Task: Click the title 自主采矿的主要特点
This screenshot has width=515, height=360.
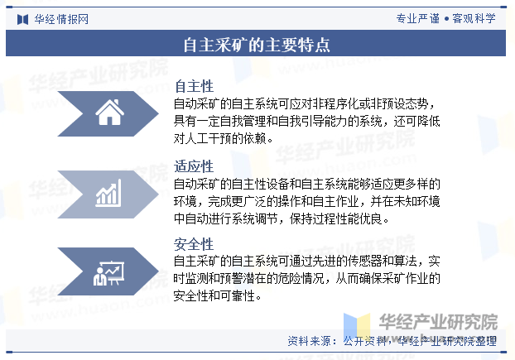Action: (257, 45)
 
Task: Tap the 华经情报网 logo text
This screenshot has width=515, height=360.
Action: (61, 19)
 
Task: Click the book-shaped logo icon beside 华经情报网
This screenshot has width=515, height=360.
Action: (22, 20)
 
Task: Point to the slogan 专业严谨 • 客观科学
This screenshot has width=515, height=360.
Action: (445, 18)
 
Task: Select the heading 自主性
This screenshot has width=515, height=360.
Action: (194, 87)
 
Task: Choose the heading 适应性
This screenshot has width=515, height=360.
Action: (194, 166)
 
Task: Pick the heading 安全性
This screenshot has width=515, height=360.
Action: (194, 244)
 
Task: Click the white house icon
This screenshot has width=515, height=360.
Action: (109, 113)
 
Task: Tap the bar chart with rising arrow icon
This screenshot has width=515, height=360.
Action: (108, 193)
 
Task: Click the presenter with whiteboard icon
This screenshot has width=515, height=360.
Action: (108, 273)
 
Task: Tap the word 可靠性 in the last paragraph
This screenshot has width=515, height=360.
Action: (238, 296)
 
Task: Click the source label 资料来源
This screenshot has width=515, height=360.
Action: (309, 341)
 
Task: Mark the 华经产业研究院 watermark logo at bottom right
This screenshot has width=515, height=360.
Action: (421, 324)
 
